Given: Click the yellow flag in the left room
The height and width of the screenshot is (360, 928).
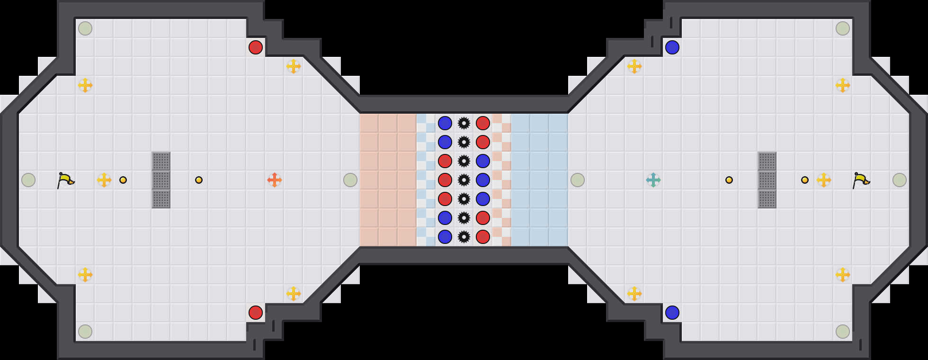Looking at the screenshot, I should (x=65, y=180).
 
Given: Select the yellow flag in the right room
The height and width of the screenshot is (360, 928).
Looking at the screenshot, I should (x=861, y=180).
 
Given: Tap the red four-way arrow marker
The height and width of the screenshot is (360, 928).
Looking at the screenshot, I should (x=275, y=180).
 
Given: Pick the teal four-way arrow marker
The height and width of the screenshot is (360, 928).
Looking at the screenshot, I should (x=653, y=180).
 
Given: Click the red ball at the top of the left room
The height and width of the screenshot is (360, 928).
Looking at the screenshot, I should (x=256, y=47).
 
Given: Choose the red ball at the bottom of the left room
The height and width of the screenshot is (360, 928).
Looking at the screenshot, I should (x=256, y=313).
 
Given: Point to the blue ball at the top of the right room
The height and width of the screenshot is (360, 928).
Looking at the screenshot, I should (x=672, y=47).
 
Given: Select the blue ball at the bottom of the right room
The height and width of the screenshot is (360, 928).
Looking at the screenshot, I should (x=672, y=313).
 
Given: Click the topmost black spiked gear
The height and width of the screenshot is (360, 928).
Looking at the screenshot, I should (x=464, y=123).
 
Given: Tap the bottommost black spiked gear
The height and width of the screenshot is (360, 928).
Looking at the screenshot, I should (x=464, y=237).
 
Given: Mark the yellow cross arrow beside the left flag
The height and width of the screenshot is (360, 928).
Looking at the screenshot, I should (x=104, y=180).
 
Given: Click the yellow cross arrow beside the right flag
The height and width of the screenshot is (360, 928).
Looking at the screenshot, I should (x=824, y=180).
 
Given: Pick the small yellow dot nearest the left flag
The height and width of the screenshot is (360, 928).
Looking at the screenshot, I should (x=123, y=180).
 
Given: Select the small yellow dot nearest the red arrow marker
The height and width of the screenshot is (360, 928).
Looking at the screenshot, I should (x=199, y=180).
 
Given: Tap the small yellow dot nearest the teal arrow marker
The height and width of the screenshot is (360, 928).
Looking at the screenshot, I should (x=729, y=180).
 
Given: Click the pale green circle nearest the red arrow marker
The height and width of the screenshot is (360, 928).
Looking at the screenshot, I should (x=350, y=180).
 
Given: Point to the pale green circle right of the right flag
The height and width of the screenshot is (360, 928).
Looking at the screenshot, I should (x=900, y=180).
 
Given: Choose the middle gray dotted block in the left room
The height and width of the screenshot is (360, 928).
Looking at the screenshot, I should (x=161, y=180).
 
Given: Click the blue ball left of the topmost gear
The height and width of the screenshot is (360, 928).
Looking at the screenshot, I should (x=445, y=123).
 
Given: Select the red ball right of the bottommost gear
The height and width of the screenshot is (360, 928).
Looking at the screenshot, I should (x=483, y=237).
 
